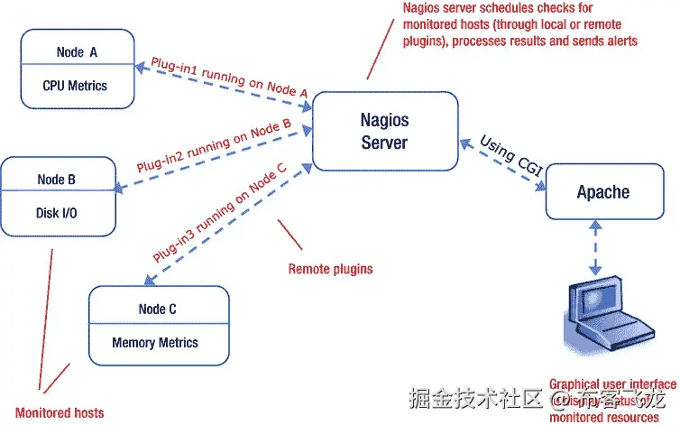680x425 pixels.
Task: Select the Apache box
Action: click(x=602, y=192)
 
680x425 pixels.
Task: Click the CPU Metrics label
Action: click(x=75, y=86)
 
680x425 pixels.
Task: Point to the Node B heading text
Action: click(x=56, y=180)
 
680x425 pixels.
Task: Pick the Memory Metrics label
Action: click(x=154, y=342)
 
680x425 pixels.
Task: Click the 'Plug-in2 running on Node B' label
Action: click(x=213, y=144)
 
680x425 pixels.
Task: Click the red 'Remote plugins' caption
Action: click(x=330, y=269)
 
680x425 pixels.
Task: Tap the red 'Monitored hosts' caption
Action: click(x=60, y=412)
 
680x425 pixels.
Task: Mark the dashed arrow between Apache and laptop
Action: click(x=594, y=247)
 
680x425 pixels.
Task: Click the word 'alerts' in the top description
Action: click(x=618, y=41)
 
